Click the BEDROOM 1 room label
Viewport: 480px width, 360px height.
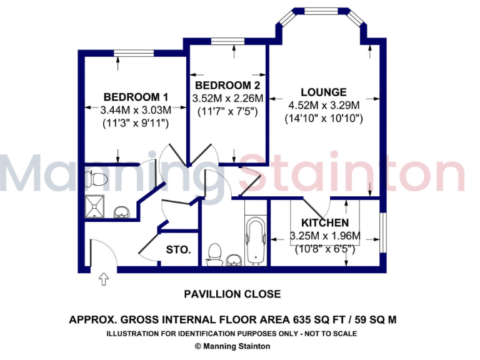[x=136, y=97]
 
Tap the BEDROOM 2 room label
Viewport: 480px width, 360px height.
[x=227, y=85]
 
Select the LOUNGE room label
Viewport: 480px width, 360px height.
[x=323, y=92]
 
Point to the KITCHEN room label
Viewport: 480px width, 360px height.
[x=325, y=223]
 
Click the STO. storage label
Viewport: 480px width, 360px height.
[x=178, y=249]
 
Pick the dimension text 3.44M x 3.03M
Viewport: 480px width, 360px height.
[x=136, y=110]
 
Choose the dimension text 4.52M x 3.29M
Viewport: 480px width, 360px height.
[x=323, y=105]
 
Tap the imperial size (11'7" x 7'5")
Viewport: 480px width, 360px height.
[x=227, y=111]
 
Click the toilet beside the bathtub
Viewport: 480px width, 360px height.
[x=215, y=254]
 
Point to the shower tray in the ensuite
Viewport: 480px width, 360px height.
[x=97, y=205]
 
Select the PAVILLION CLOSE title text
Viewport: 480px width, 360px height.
[x=232, y=294]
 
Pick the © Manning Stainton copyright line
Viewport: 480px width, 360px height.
[x=232, y=346]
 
